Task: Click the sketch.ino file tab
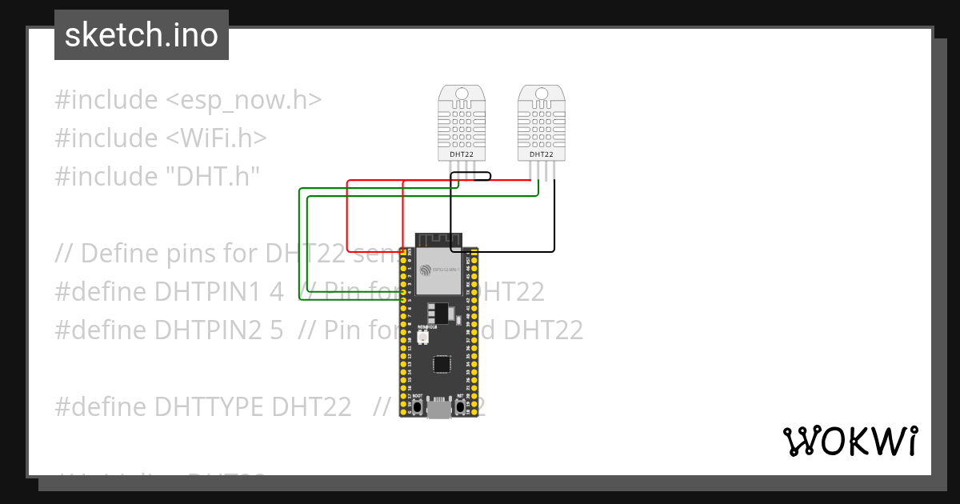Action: coord(141,35)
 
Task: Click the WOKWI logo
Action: coord(850,441)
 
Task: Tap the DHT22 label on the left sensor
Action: coord(462,154)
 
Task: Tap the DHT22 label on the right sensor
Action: coord(542,154)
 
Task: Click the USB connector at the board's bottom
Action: coord(438,409)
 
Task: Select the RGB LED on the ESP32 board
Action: coord(422,339)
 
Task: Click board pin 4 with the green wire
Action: coord(405,292)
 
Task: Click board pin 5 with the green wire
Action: coord(405,300)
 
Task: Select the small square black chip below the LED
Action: coord(441,364)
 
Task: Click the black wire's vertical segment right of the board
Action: coord(554,216)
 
